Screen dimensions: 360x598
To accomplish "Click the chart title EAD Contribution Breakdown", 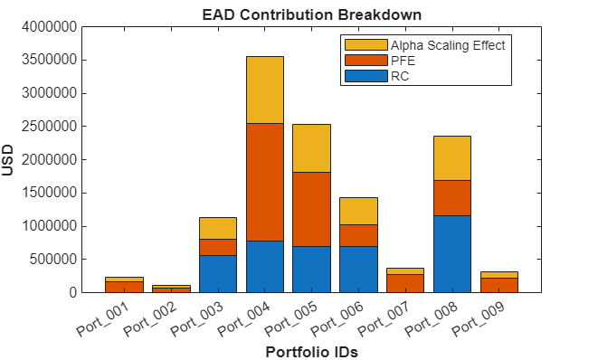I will (x=311, y=14).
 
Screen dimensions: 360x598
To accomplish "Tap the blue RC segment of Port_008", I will (x=451, y=253).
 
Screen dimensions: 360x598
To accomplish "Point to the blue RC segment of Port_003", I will (x=217, y=273).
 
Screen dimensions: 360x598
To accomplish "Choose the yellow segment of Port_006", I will (x=358, y=211).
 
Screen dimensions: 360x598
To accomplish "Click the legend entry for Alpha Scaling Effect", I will (x=447, y=44).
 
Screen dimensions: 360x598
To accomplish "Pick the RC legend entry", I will (x=399, y=76).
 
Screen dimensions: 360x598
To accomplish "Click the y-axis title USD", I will (x=9, y=159).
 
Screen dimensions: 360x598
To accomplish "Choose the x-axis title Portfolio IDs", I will (x=311, y=352).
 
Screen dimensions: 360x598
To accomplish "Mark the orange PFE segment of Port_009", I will (x=498, y=285).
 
